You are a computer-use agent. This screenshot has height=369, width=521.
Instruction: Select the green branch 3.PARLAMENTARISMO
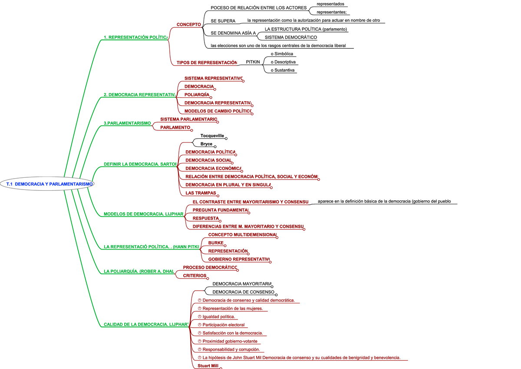pyautogui.click(x=127, y=123)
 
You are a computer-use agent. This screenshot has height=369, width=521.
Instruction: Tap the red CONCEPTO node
pyautogui.click(x=188, y=24)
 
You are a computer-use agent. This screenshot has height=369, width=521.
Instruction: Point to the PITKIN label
pyautogui.click(x=253, y=62)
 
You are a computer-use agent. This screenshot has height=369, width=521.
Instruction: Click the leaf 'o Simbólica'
pyautogui.click(x=282, y=54)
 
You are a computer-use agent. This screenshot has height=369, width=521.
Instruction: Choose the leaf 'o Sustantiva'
pyautogui.click(x=282, y=70)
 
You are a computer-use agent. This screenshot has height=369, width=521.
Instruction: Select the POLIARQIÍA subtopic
pyautogui.click(x=197, y=94)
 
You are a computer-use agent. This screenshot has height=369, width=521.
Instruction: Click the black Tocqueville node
pyautogui.click(x=212, y=136)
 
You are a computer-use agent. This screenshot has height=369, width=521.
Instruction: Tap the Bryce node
pyautogui.click(x=206, y=144)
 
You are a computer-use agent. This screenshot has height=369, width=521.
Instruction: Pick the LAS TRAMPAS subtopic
pyautogui.click(x=201, y=193)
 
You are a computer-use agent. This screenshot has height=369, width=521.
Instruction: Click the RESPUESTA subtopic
pyautogui.click(x=206, y=218)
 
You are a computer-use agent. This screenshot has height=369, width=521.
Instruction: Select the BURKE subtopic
pyautogui.click(x=216, y=243)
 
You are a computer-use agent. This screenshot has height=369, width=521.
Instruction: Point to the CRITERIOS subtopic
pyautogui.click(x=195, y=276)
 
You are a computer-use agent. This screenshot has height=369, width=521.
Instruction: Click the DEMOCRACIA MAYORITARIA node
pyautogui.click(x=242, y=284)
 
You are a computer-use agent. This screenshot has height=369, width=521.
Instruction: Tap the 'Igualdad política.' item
pyautogui.click(x=219, y=316)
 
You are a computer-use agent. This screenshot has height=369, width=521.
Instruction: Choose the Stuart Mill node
pyautogui.click(x=208, y=366)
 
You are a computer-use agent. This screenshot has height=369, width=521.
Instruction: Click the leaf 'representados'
pyautogui.click(x=330, y=4)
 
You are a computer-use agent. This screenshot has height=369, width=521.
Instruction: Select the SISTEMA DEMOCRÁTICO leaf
pyautogui.click(x=291, y=37)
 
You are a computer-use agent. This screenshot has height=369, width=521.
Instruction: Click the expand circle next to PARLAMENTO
pyautogui.click(x=191, y=130)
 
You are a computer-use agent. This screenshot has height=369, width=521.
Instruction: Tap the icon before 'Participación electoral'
pyautogui.click(x=199, y=325)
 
